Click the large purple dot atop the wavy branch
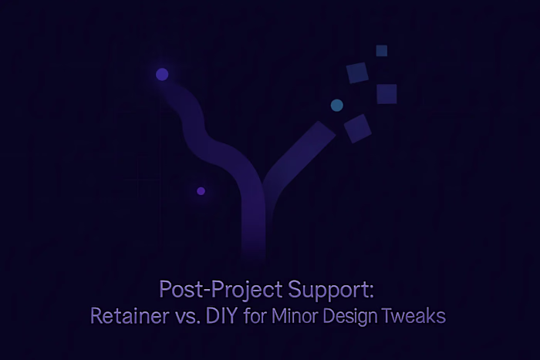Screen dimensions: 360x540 (x=162, y=74)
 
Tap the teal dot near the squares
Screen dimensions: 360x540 (x=336, y=104)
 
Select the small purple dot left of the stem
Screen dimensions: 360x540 (x=201, y=190)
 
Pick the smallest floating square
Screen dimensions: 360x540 (x=381, y=51)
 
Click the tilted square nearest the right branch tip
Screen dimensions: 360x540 (x=357, y=128)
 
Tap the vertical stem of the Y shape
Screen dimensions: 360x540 (x=252, y=224)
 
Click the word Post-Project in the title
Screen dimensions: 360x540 (x=208, y=291)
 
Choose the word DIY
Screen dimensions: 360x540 (x=221, y=316)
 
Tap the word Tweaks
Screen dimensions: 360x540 (x=417, y=316)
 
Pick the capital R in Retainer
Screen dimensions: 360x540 (x=96, y=316)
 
